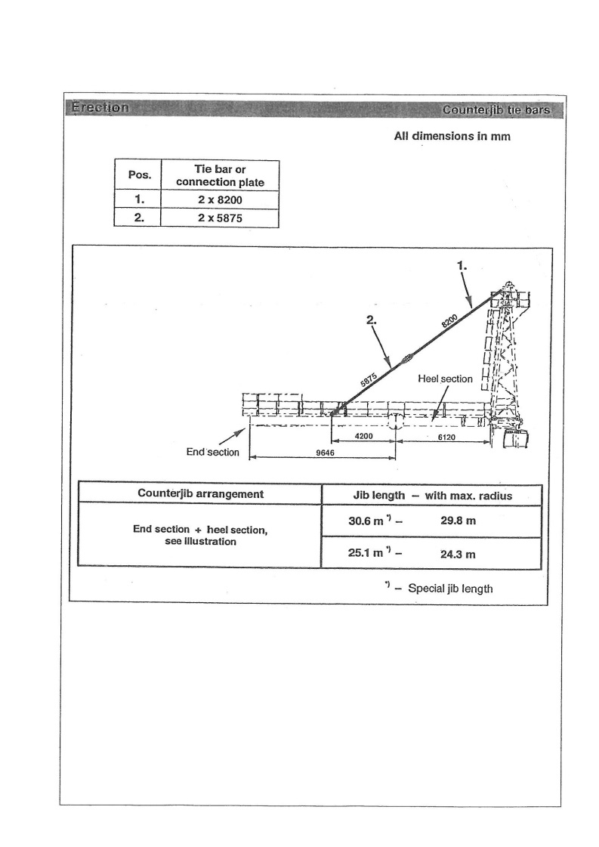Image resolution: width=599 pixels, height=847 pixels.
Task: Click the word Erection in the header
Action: tap(100, 107)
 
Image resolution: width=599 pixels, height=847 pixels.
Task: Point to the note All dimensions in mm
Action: tap(452, 138)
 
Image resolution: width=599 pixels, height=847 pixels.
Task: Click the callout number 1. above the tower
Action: tap(464, 266)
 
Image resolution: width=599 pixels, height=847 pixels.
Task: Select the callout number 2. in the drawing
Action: tap(371, 320)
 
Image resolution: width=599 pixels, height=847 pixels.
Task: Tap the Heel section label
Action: tap(446, 379)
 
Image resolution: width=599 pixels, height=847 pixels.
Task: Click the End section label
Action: tap(212, 453)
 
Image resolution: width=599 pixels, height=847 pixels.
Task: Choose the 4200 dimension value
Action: tap(365, 437)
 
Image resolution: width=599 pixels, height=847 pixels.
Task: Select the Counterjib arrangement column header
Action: tap(200, 493)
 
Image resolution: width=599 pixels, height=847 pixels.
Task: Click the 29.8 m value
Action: tap(458, 521)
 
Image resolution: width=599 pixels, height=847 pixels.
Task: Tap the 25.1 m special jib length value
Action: tap(366, 552)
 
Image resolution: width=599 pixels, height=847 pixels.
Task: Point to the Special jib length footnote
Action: tap(450, 588)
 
